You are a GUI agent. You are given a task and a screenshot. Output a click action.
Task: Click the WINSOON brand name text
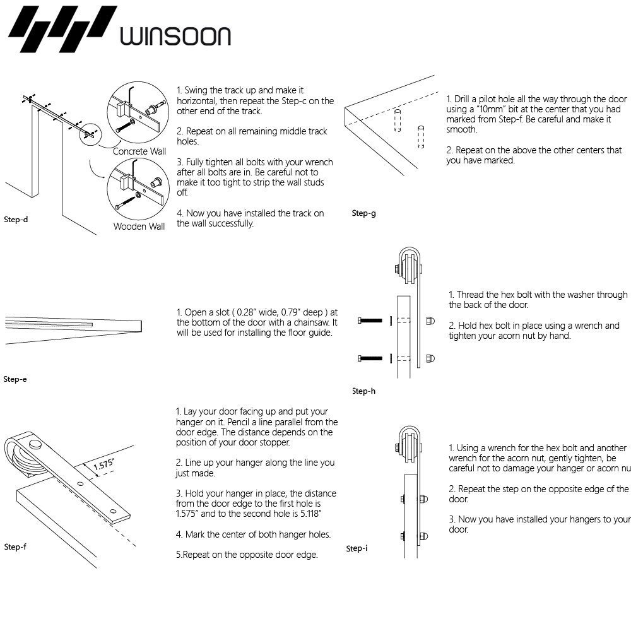coord(175,35)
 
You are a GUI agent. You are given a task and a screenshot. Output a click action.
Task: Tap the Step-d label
coord(16,220)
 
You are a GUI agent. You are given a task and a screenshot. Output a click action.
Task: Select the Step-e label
coord(15,379)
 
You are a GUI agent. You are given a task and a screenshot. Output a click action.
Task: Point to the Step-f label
coord(15,546)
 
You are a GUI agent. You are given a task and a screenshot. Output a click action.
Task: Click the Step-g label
coord(364,213)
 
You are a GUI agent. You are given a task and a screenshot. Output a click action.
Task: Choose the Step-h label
coord(364,391)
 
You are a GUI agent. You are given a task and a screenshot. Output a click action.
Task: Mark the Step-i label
coord(357,548)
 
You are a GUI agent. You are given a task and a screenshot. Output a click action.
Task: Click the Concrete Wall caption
coord(139,151)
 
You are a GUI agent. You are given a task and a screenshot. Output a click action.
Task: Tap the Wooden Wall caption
coord(139,227)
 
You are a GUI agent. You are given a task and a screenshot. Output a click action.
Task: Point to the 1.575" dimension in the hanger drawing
coord(104,465)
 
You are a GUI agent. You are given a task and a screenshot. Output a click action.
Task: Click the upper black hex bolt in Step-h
coord(370,321)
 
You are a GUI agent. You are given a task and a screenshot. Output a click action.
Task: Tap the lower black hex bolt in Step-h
coord(370,358)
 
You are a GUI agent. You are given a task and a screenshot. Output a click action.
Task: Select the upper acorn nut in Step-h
coord(430,320)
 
